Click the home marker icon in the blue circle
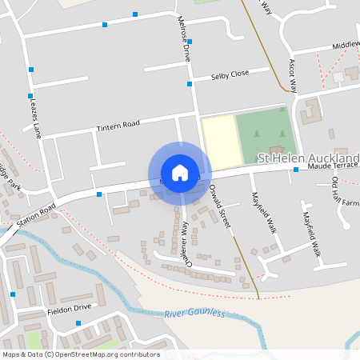pyautogui.click(x=180, y=173)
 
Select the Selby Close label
pyautogui.click(x=230, y=74)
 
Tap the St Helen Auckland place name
pyautogui.click(x=308, y=158)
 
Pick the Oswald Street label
pyautogui.click(x=219, y=206)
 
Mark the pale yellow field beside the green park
pyautogui.click(x=218, y=142)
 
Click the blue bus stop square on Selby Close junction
pyautogui.click(x=190, y=83)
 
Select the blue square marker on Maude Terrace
pyautogui.click(x=295, y=170)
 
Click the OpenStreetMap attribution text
pyautogui.click(x=81, y=354)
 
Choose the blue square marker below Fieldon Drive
pyautogui.click(x=78, y=323)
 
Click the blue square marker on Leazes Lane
pyautogui.click(x=30, y=70)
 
